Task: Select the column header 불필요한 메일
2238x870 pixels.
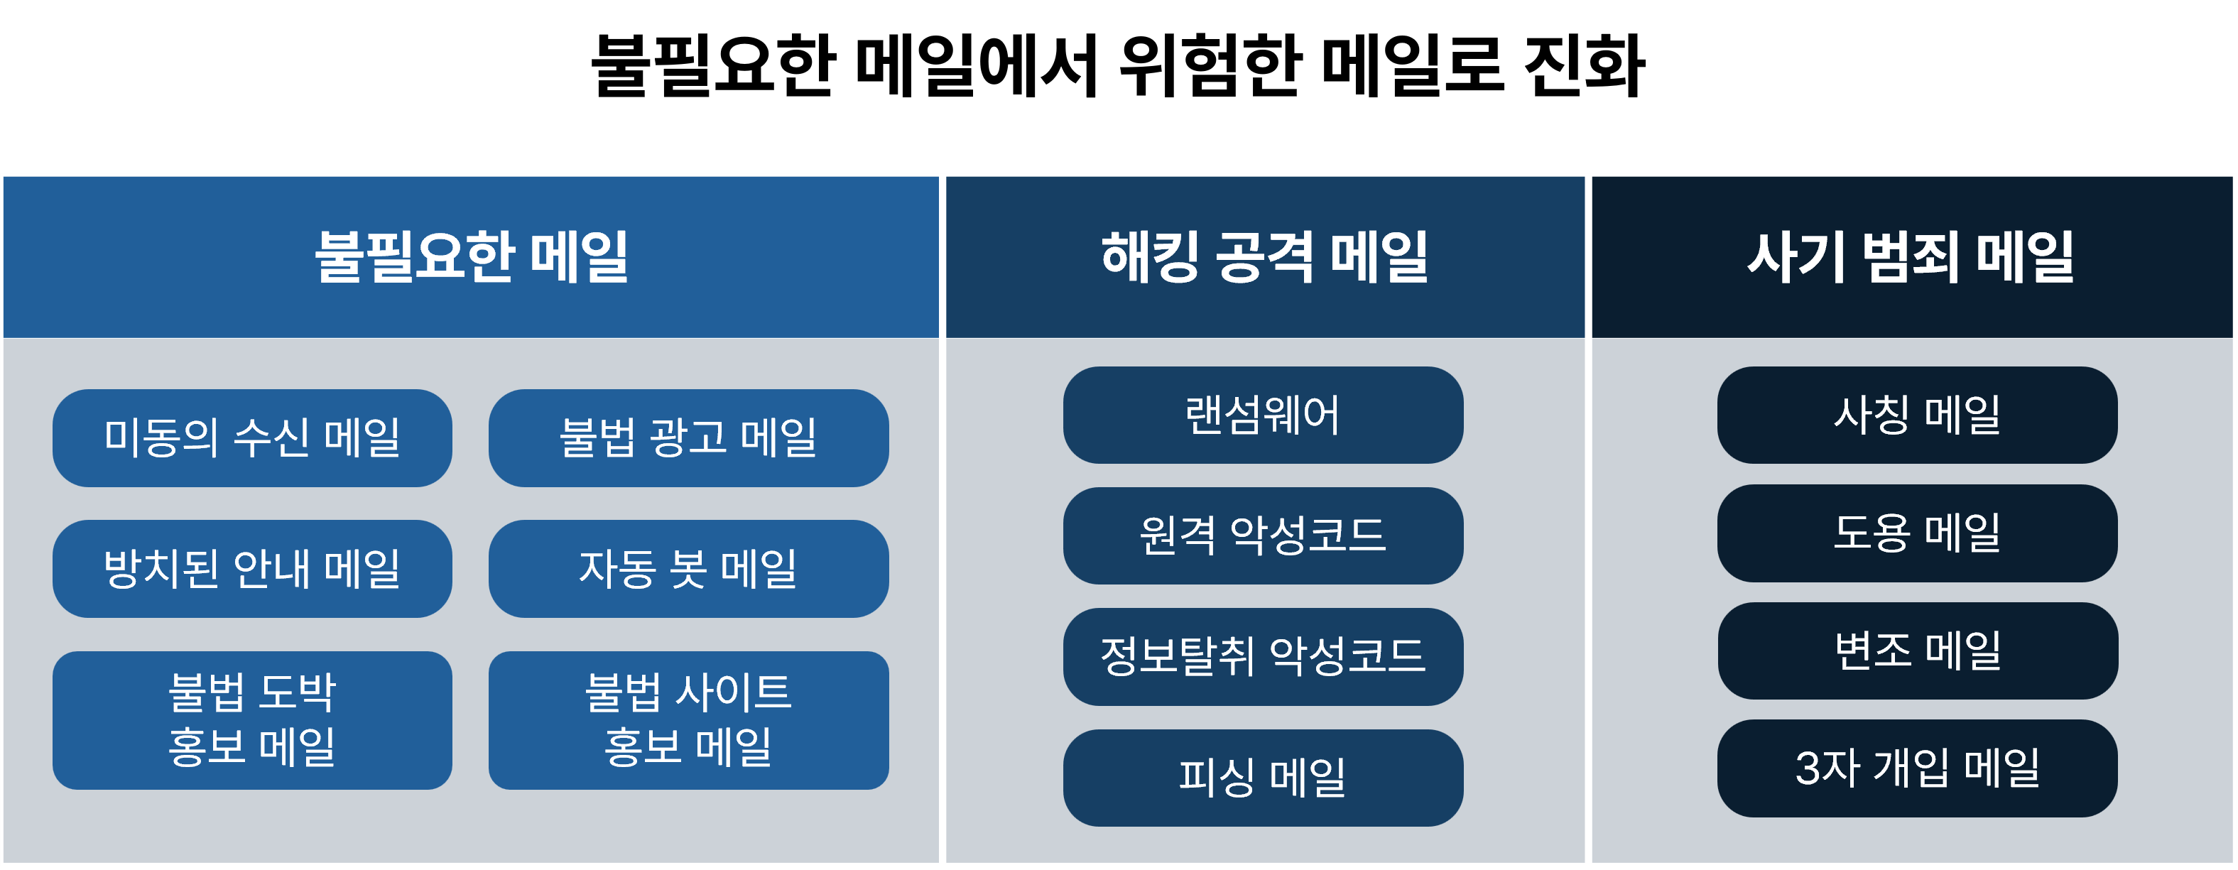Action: pos(471,257)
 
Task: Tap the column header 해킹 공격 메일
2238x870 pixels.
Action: pos(1265,257)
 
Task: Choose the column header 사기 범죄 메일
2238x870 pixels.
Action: pos(1911,257)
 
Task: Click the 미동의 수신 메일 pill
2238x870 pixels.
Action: pos(252,438)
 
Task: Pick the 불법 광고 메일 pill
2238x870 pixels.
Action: pos(688,438)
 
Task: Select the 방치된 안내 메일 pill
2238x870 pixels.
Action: pos(252,570)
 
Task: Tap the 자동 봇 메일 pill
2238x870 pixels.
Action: pos(688,570)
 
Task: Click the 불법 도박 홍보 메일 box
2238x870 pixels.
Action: pos(252,721)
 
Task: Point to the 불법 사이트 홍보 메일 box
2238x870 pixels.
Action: pos(688,721)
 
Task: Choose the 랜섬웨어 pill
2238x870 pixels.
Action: pos(1264,415)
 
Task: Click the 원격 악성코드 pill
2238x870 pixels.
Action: pos(1264,535)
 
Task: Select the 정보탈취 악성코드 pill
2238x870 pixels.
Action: pos(1264,656)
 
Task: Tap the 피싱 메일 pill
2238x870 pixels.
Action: pos(1264,778)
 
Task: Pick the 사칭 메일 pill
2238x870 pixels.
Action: pos(1918,415)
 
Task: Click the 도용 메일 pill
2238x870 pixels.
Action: pos(1918,533)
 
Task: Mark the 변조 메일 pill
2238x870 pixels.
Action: pos(1918,651)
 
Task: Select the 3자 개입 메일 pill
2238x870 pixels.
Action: pos(1918,768)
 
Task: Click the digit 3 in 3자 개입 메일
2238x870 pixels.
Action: pos(1808,768)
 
